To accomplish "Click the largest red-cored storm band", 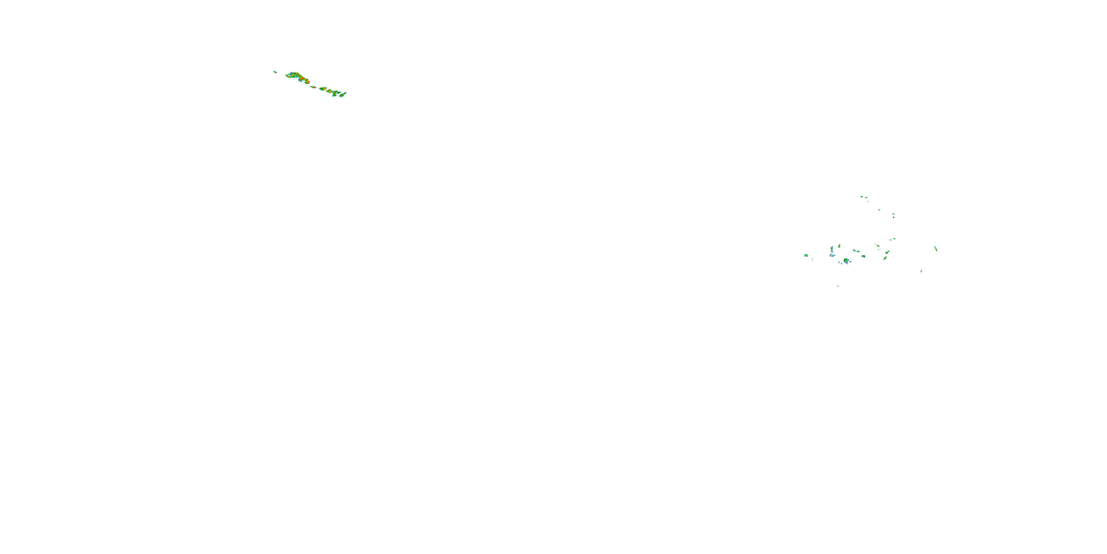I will click(301, 78).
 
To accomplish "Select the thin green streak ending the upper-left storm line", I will click(343, 95).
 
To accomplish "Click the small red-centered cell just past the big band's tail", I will click(314, 88).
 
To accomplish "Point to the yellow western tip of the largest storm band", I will click(287, 76).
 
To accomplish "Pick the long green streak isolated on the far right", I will click(936, 249).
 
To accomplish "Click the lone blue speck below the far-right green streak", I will click(921, 271).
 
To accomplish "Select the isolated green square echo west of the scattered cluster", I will click(806, 256).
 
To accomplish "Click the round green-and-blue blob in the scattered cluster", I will click(846, 261).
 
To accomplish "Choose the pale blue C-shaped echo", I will click(832, 256).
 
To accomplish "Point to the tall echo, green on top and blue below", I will click(832, 249).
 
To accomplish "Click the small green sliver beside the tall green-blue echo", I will click(839, 246).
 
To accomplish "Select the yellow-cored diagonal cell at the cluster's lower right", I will click(885, 258).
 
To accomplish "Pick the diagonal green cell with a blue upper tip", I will click(887, 253).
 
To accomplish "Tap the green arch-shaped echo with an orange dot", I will click(863, 256).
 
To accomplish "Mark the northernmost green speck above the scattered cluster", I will click(862, 197).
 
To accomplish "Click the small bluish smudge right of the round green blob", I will click(851, 262).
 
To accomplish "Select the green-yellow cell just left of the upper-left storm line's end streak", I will click(335, 94).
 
